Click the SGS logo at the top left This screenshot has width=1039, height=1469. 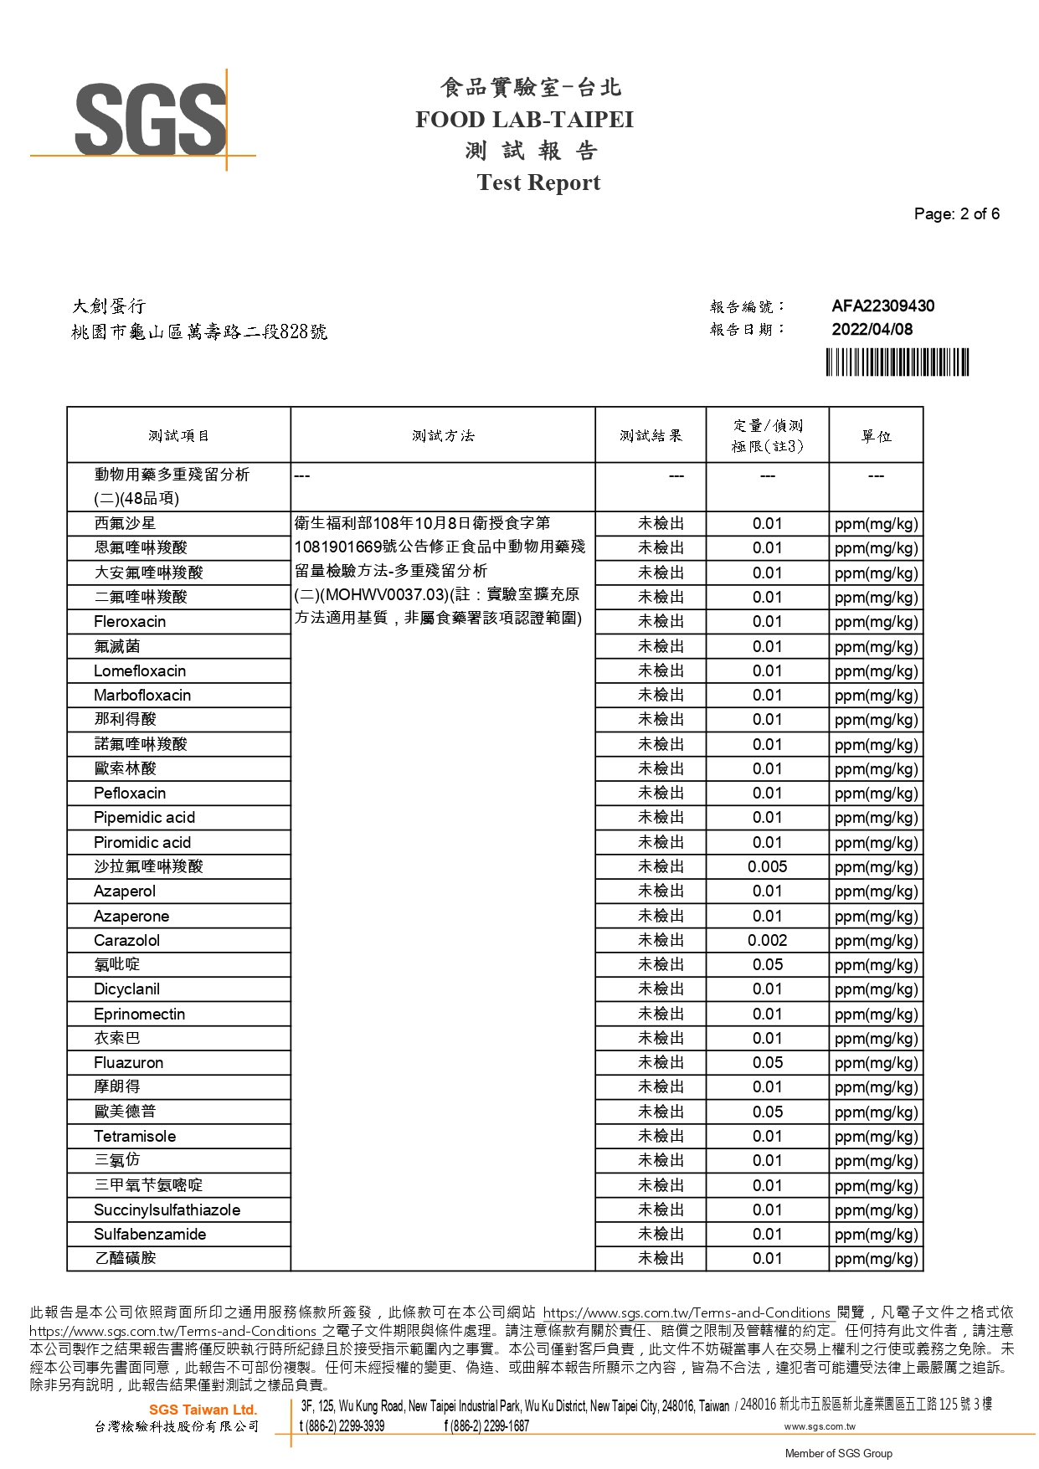(x=151, y=120)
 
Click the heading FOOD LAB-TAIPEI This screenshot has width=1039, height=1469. (x=524, y=120)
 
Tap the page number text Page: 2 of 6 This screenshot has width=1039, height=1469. (x=956, y=214)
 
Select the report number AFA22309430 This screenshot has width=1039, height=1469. (x=882, y=306)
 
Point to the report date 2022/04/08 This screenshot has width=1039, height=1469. (x=872, y=330)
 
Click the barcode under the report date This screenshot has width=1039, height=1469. (x=897, y=362)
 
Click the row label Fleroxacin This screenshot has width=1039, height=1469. (x=130, y=622)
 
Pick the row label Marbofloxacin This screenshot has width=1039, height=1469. (x=142, y=696)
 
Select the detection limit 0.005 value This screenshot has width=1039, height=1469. (x=767, y=867)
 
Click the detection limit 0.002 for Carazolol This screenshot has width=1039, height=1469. (x=767, y=941)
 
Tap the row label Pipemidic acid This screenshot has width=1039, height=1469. (x=144, y=818)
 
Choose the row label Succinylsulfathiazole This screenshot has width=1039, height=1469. (x=167, y=1210)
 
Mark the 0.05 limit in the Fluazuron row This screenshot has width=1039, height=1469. (x=767, y=1063)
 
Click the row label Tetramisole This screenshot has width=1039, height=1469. (x=135, y=1137)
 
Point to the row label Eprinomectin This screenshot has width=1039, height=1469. (x=139, y=1014)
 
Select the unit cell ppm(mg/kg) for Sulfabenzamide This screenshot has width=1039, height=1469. (x=876, y=1235)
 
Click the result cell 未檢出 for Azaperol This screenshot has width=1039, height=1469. (x=661, y=891)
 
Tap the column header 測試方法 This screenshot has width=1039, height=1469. (x=443, y=436)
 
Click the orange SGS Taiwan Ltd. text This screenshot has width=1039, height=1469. (x=203, y=1410)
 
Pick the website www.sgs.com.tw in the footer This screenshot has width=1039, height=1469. (x=819, y=1426)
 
